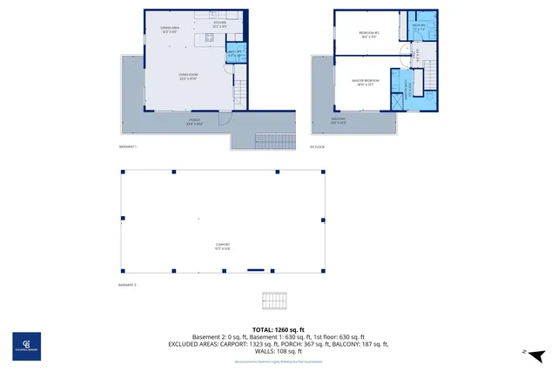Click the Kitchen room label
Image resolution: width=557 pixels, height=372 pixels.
tap(219, 24)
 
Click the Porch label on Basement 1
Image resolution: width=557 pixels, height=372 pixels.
tap(194, 123)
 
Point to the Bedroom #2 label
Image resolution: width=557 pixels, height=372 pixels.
tap(368, 35)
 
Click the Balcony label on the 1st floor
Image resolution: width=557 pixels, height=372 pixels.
tap(339, 120)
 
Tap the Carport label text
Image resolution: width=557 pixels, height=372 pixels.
tap(223, 247)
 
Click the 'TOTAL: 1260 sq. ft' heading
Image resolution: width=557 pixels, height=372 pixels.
tap(278, 328)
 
